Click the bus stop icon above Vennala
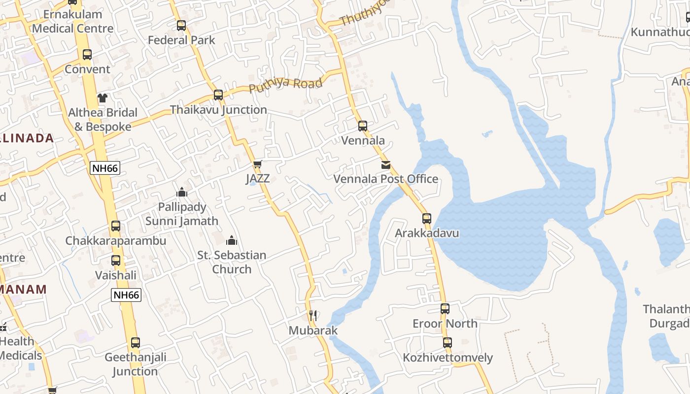[x=363, y=126]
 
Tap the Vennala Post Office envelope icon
[x=386, y=165]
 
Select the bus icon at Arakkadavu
[x=427, y=218]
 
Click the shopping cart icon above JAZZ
[x=257, y=164]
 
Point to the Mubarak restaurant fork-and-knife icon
[x=312, y=315]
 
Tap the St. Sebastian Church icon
[x=232, y=240]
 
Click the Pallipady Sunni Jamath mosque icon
[x=182, y=192]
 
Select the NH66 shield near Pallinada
[x=105, y=168]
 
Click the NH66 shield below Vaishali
[x=126, y=295]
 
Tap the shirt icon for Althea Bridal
[x=103, y=98]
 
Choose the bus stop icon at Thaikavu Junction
[x=218, y=95]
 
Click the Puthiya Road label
[x=286, y=85]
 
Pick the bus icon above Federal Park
[x=181, y=25]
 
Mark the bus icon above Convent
[x=87, y=55]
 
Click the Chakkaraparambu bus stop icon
[x=116, y=226]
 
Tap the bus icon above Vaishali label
[x=116, y=261]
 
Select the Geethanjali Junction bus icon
[x=136, y=342]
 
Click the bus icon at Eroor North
[x=445, y=309]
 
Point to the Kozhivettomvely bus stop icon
[x=448, y=342]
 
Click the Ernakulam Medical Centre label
[x=73, y=21]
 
